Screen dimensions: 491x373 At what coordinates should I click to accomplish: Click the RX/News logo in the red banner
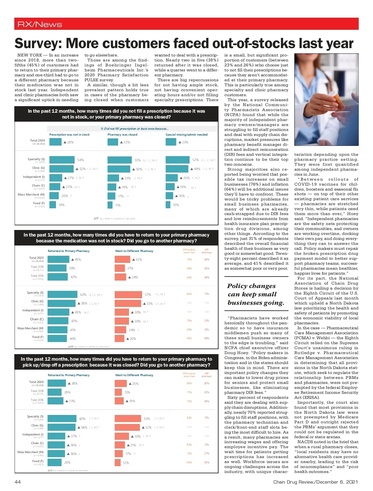coord(40,25)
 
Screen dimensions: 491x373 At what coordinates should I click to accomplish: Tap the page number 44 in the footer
coord(18,482)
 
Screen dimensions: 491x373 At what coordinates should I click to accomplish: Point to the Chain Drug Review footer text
coord(315,482)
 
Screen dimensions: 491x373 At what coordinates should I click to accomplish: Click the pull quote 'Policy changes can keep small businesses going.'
coord(256,294)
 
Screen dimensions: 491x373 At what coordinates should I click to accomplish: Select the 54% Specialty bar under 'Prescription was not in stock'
coord(62,160)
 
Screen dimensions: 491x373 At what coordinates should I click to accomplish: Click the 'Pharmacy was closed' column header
coord(122,135)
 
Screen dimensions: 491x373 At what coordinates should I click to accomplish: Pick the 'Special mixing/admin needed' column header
coord(186,135)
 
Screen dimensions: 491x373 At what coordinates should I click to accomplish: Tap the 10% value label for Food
coord(176,205)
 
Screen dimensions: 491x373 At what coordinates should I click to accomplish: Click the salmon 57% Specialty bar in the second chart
coord(128,295)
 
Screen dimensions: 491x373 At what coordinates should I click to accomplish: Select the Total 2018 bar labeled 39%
coord(57,268)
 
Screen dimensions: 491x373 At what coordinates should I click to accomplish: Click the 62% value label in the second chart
coord(83,295)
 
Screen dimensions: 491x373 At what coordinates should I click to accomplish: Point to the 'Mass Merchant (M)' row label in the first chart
coord(31,195)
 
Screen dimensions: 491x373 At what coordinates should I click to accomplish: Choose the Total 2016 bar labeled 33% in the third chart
coord(55,401)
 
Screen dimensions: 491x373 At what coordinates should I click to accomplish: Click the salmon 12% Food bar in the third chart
coord(117,463)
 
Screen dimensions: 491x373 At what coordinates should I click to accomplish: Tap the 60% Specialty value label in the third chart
coord(82,419)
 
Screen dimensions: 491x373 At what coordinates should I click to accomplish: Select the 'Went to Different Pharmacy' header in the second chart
coord(134,251)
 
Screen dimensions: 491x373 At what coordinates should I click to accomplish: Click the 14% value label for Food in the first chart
coord(62,205)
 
